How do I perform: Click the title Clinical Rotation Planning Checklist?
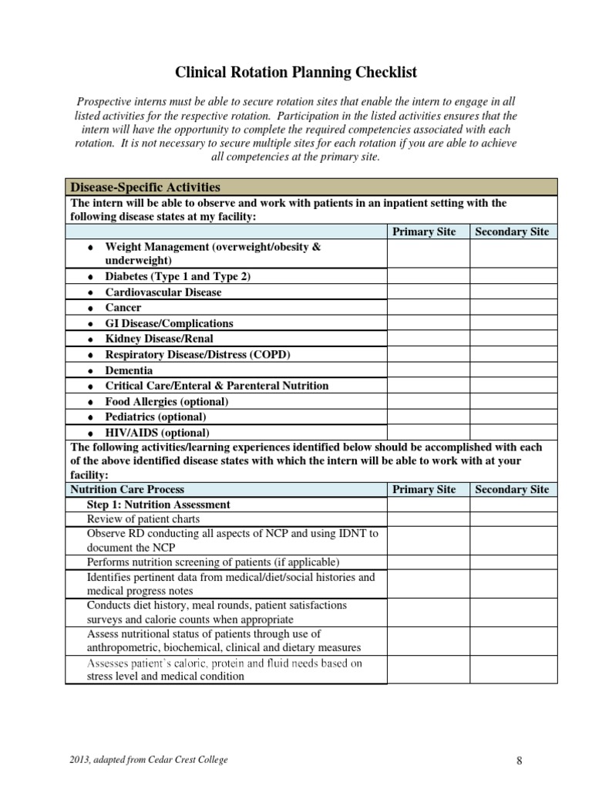(296, 73)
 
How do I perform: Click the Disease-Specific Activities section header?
(145, 187)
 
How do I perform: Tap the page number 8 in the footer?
(520, 761)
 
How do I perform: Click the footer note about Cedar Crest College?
(149, 760)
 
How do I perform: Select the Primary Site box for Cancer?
(428, 308)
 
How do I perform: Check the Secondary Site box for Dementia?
(512, 370)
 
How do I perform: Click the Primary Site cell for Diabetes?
(428, 276)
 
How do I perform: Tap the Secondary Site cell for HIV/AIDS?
(512, 433)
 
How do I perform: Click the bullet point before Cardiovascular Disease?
(90, 293)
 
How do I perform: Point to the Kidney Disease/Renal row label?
(159, 339)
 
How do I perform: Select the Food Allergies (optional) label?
(166, 402)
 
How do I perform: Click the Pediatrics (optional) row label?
(156, 417)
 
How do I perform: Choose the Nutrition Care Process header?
(128, 489)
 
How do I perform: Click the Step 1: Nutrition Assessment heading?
(159, 505)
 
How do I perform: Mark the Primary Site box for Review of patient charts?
(428, 520)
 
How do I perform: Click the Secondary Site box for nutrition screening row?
(512, 562)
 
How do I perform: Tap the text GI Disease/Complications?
(169, 323)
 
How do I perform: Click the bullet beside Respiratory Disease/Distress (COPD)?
(90, 356)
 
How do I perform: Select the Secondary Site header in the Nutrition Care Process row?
(512, 489)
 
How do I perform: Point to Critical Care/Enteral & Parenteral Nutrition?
(217, 386)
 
